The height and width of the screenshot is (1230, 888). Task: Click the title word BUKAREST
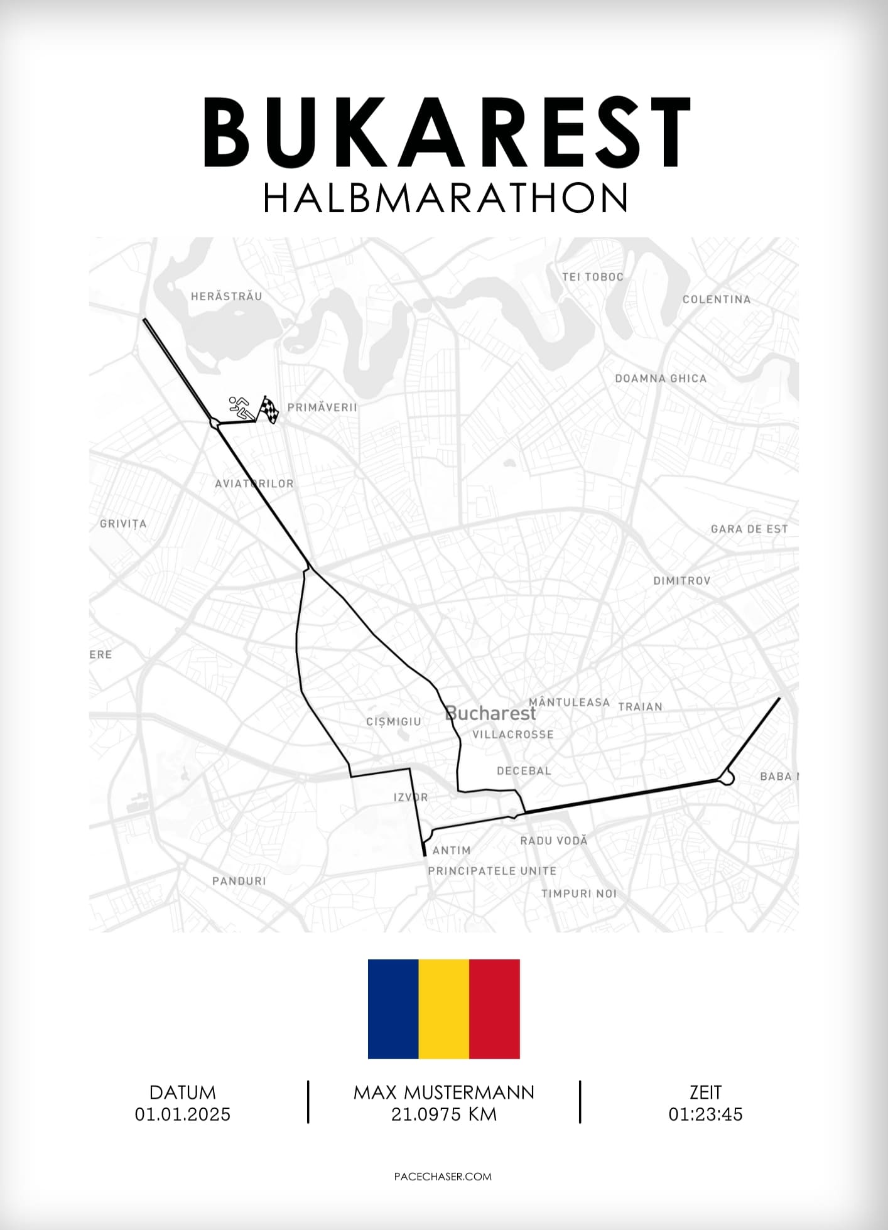pos(446,133)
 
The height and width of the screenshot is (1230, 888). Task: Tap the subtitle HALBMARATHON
pos(445,198)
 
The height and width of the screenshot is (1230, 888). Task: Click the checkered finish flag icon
pos(269,409)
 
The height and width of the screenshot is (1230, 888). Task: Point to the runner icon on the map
pos(239,408)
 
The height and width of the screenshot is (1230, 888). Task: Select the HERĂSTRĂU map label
pos(226,296)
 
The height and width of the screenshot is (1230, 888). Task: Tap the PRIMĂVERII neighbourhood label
pos(322,407)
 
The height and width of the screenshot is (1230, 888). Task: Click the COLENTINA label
pos(717,299)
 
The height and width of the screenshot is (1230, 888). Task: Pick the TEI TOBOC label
pos(593,277)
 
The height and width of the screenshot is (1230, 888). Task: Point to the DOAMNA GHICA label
pos(661,379)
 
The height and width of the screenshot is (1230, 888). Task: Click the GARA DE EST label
pos(749,529)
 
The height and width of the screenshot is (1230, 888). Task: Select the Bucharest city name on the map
pos(490,714)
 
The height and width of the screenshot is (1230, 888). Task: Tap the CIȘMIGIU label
pos(394,722)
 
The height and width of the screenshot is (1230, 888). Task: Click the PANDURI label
pos(239,881)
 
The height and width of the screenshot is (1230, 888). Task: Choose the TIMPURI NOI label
pos(579,893)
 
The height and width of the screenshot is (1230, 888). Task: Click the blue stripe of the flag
pos(393,1009)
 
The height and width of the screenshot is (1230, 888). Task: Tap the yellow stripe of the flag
pos(444,1009)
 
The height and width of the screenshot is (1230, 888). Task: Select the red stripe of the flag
pos(494,1009)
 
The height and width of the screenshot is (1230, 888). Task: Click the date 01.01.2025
pos(183,1114)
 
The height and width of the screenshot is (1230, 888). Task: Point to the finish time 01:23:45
pos(705,1114)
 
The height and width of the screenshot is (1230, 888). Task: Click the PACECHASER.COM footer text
pos(443,1177)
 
